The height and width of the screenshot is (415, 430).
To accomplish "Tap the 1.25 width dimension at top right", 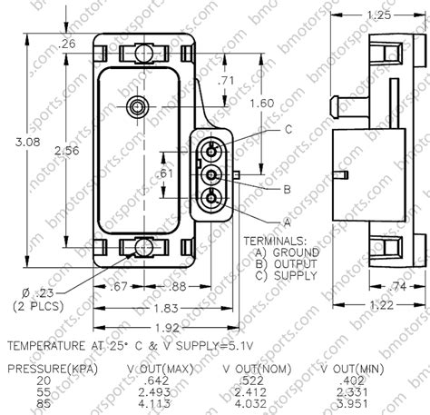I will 375,15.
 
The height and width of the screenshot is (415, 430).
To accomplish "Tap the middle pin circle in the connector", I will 211,173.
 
